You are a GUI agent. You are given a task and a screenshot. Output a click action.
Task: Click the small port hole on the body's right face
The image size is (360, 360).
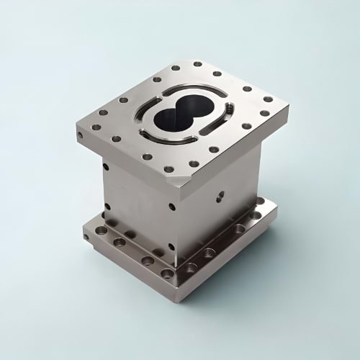220,194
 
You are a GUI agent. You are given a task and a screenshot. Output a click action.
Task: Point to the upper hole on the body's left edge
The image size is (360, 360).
106,168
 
